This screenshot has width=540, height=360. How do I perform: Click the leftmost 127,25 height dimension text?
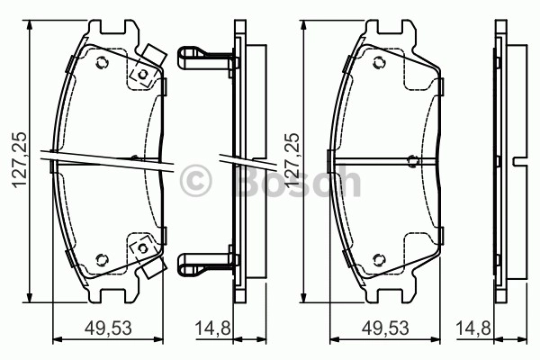point(20,159)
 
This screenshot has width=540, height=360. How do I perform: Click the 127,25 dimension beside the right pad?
point(292,159)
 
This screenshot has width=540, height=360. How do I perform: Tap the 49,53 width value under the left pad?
point(108,328)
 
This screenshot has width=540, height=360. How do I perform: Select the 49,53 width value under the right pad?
point(385,328)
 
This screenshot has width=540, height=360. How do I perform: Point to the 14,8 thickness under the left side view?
point(212,328)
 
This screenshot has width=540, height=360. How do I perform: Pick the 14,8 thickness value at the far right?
point(473,328)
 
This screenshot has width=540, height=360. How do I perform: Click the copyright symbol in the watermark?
point(195,180)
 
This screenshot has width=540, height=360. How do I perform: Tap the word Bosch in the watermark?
point(299,181)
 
